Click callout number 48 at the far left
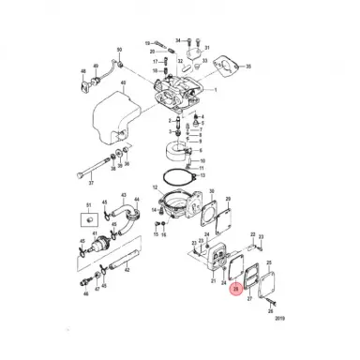tap(83, 70)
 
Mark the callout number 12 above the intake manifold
tap(153, 187)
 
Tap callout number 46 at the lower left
tap(82, 293)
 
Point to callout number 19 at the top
tap(148, 43)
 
